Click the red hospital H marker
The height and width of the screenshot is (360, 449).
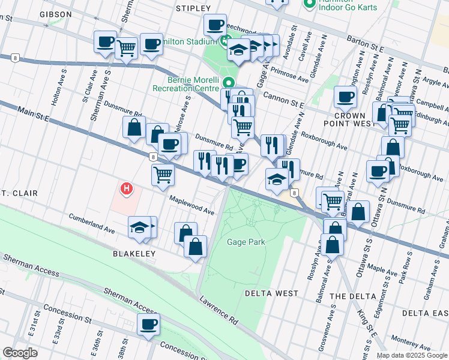point(126,189)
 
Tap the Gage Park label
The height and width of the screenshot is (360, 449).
point(246,242)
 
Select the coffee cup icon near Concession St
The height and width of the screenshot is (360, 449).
point(148,325)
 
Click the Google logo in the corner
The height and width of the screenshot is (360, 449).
point(20,353)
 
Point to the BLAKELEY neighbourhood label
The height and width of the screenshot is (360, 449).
point(134,254)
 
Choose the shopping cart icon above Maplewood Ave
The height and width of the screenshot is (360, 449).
point(163,175)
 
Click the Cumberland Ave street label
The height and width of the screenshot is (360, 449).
point(91,223)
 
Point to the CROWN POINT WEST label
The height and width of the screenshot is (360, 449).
point(350,119)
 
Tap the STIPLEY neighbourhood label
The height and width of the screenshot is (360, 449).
point(193,8)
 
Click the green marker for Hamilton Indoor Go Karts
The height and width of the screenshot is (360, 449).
point(310,4)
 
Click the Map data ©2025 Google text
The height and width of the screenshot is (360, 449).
point(411,355)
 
